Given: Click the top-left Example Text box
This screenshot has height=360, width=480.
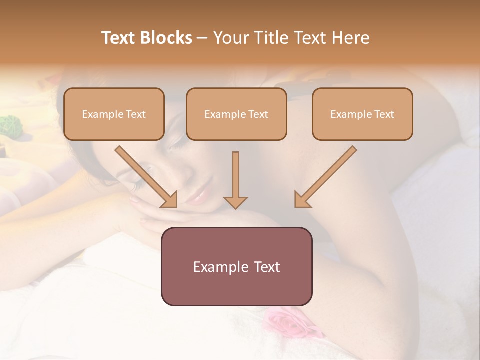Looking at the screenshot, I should coord(114,114).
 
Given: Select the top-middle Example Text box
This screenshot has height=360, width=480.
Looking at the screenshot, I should coord(236,114).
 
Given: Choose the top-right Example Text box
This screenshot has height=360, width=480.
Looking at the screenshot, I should coord(362,114).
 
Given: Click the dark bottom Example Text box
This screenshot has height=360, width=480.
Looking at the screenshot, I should coord(236,266).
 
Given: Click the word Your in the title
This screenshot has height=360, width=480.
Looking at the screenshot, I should coord(230,38).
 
